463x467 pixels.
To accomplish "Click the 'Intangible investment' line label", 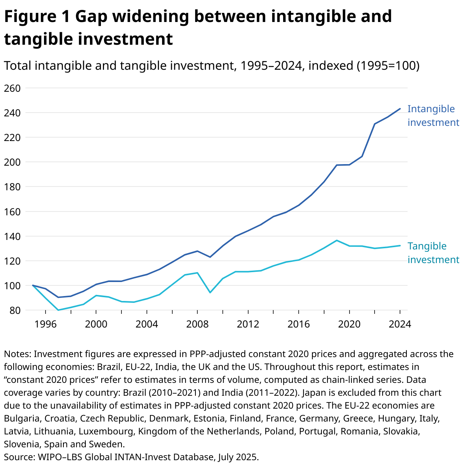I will tap(433, 116).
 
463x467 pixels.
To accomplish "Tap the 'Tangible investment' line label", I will tap(433, 253).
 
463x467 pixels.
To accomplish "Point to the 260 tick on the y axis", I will tap(11, 88).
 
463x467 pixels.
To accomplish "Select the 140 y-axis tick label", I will tap(11, 237).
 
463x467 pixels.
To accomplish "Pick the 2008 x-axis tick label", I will tap(197, 324).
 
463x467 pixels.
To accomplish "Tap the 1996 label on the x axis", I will tap(46, 324).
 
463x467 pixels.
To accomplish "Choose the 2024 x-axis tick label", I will tap(400, 324).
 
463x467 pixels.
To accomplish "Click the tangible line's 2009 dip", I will tap(210, 293).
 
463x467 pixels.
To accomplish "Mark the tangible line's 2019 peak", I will tap(337, 240).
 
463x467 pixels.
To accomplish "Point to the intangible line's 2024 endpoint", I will tap(400, 109).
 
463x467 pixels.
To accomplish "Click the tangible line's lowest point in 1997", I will tap(58, 310).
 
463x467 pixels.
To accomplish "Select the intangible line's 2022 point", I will tap(375, 124).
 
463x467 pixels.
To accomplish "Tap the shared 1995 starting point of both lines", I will tap(33, 285).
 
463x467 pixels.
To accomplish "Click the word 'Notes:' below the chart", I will tap(17, 354).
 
